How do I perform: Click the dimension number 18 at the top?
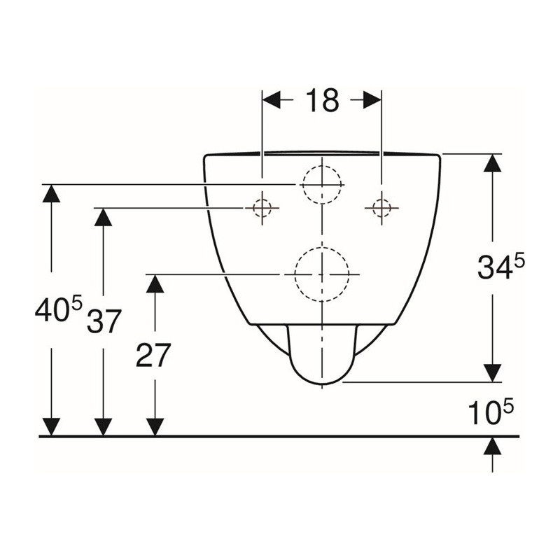pyautogui.click(x=322, y=100)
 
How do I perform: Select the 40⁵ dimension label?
pyautogui.click(x=59, y=308)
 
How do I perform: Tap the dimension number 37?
pyautogui.click(x=104, y=321)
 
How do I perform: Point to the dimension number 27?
pyautogui.click(x=153, y=355)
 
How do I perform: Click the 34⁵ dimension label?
pyautogui.click(x=501, y=267)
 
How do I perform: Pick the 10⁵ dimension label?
pyautogui.click(x=491, y=412)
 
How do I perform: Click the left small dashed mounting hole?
pyautogui.click(x=262, y=207)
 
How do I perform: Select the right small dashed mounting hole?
pyautogui.click(x=381, y=207)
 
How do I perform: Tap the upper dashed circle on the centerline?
pyautogui.click(x=322, y=166)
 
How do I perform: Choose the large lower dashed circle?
pyautogui.click(x=322, y=247)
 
